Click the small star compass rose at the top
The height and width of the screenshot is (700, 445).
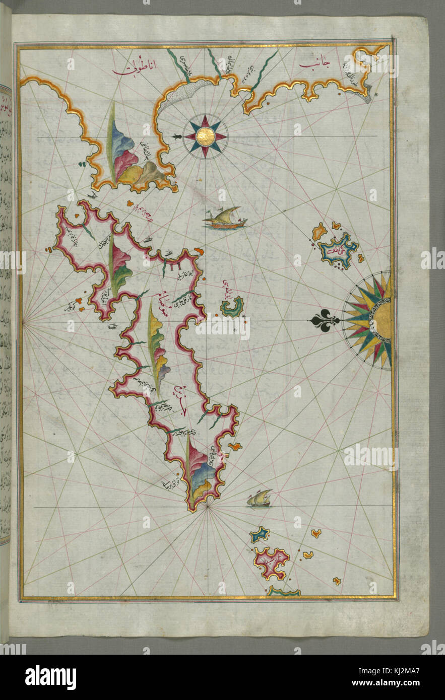205,136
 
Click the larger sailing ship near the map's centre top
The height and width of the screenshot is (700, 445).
225,218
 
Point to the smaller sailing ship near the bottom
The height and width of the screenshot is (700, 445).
260,498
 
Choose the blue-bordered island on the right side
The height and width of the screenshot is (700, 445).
338,248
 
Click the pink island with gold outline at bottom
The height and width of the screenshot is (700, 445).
271,562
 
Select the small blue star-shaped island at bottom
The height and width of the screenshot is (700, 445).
260,535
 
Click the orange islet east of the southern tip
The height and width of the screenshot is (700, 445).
235,446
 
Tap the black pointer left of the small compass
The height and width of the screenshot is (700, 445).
177,136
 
